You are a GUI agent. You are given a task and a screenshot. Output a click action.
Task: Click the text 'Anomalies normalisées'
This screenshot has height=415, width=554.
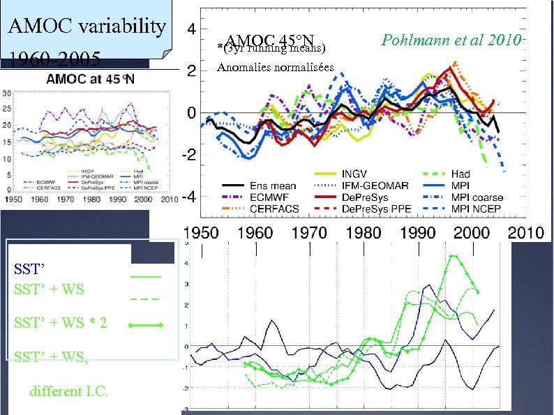pyautogui.click(x=276, y=68)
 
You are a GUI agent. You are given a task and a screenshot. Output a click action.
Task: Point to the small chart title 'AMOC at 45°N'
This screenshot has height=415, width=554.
pyautogui.click(x=91, y=80)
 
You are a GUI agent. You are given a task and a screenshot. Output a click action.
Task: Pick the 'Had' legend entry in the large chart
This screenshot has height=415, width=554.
pyautogui.click(x=461, y=174)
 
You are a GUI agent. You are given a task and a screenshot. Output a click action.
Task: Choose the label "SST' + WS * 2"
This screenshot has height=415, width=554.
pyautogui.click(x=60, y=324)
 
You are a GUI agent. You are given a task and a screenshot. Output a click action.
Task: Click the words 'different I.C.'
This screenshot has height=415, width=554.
pyautogui.click(x=69, y=391)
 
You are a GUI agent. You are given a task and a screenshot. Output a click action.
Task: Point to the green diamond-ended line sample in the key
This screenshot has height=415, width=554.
pyautogui.click(x=146, y=325)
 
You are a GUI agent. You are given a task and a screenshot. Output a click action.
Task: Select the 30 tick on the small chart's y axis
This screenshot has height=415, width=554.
pyautogui.click(x=6, y=92)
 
